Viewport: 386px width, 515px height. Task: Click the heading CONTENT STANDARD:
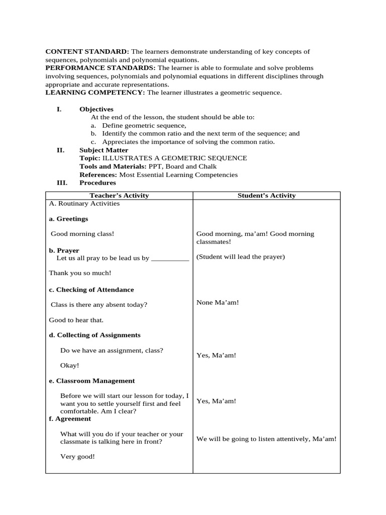[87, 52]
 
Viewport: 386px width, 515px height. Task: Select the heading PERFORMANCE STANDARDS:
[101, 68]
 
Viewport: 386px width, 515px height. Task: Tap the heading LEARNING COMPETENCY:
[95, 93]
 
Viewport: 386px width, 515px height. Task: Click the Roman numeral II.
[60, 150]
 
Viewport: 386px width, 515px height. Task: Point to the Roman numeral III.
[61, 183]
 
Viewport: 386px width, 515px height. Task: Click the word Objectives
[96, 109]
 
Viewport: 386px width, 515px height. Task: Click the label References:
[99, 175]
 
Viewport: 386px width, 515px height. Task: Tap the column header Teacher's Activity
[119, 196]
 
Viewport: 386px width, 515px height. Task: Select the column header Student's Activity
[266, 196]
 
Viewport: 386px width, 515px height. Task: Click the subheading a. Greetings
[68, 219]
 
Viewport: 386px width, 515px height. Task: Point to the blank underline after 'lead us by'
[170, 259]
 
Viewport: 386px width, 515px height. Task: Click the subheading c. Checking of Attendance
[91, 290]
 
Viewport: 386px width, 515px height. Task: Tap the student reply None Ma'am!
[217, 302]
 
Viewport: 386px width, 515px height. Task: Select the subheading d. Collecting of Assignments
[94, 335]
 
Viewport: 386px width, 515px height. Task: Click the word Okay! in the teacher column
[69, 366]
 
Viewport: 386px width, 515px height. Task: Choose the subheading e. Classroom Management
[91, 381]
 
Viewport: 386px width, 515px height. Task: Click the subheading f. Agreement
[70, 418]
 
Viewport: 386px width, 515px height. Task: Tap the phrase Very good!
[77, 457]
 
